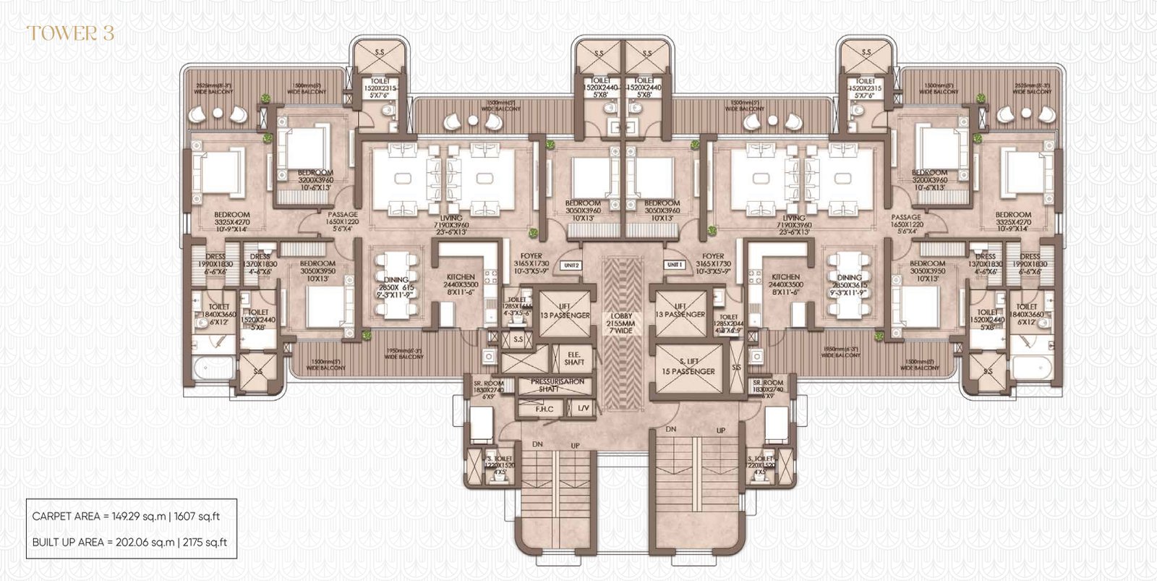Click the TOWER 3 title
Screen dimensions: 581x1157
(70, 33)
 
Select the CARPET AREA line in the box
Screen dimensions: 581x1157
(126, 517)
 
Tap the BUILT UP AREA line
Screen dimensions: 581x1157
(130, 542)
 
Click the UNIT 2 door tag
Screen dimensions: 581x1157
(571, 266)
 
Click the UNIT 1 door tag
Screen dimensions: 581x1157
(674, 266)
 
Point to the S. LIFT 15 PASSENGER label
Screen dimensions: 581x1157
(688, 366)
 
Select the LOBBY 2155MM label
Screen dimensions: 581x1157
(621, 323)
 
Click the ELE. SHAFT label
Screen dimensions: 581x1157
(574, 357)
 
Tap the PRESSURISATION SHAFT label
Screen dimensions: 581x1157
(556, 385)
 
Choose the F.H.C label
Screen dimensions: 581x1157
(544, 409)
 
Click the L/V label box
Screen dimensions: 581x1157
(584, 409)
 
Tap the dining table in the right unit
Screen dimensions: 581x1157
(848, 287)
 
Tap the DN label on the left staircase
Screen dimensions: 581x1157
(537, 444)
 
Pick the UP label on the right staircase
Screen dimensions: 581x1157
(721, 431)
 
